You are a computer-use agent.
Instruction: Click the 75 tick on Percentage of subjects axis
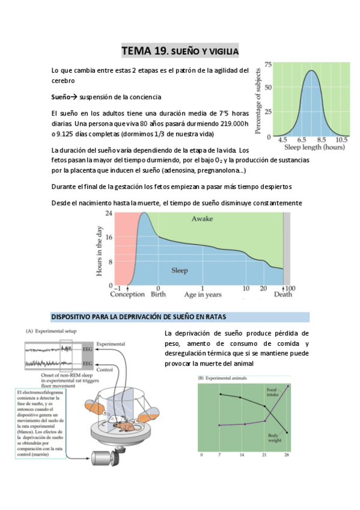click(267, 65)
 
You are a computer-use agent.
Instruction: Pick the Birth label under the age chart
click(158, 295)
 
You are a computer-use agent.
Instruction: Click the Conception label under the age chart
click(127, 295)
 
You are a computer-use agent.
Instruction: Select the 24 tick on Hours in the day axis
click(109, 214)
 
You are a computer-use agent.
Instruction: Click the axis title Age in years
click(203, 295)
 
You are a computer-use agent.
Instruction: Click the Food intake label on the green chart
click(274, 393)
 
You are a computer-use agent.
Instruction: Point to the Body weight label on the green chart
click(274, 437)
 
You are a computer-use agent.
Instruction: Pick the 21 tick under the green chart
click(265, 456)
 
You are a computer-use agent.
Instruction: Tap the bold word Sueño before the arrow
click(61, 97)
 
